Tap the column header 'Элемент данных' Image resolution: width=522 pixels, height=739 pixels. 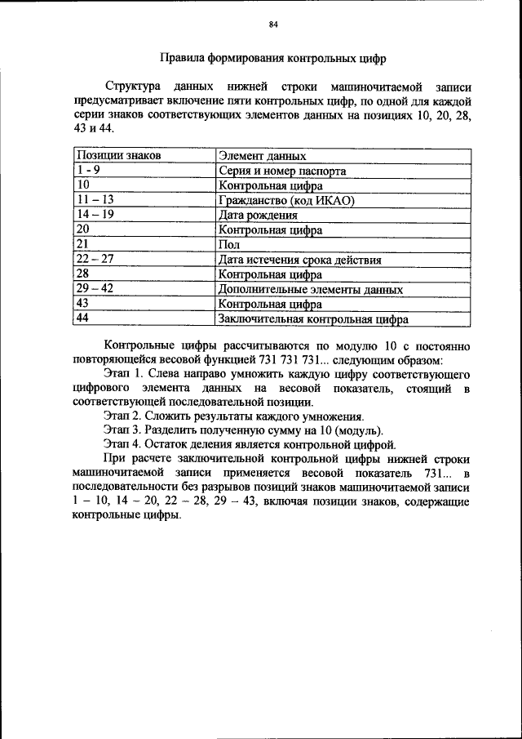(x=263, y=155)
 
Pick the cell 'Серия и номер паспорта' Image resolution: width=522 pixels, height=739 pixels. (x=282, y=171)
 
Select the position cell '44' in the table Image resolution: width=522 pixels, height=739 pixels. (x=82, y=318)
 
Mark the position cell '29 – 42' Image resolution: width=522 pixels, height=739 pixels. (x=94, y=288)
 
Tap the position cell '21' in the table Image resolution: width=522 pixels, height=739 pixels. (x=82, y=243)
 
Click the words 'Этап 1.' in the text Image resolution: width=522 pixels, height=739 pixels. (x=123, y=373)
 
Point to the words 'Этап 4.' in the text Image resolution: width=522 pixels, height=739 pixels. (x=123, y=444)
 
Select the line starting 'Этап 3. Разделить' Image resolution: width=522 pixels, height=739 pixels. (x=243, y=430)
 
